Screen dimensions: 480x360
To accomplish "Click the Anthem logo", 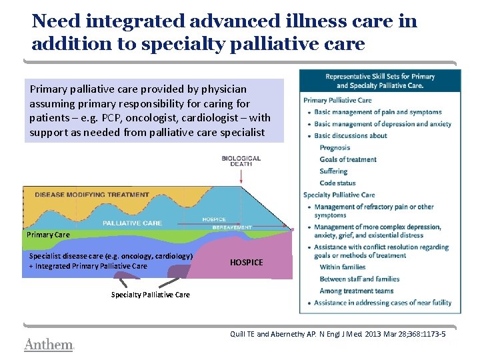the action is coord(48,345).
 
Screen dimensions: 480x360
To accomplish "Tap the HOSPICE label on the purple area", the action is coord(246,263).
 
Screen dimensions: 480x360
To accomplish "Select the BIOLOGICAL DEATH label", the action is coord(241,161).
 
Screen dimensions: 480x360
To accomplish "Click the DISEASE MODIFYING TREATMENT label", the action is coord(92,195).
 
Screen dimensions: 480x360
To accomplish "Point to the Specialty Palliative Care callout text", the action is coord(150,295).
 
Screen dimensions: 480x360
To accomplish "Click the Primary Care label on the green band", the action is coord(48,235).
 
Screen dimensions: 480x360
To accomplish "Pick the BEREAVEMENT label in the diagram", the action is coord(232,227).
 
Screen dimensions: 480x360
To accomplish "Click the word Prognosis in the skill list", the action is coord(335,148).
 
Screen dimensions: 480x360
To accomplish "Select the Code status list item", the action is coord(337,183).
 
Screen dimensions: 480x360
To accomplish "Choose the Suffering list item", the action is coord(333,171).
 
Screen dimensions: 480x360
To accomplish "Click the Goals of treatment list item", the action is coord(348,159).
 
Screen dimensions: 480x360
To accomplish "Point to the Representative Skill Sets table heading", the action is coord(380,81).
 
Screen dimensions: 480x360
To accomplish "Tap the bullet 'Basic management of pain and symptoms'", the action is coord(377,112).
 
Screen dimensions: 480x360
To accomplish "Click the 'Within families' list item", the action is coord(343,267).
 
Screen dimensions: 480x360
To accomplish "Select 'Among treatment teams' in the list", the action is coord(357,291).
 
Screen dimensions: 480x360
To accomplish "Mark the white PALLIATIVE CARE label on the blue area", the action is coord(132,223).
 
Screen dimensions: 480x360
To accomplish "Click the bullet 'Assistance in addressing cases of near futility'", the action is coord(382,303).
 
